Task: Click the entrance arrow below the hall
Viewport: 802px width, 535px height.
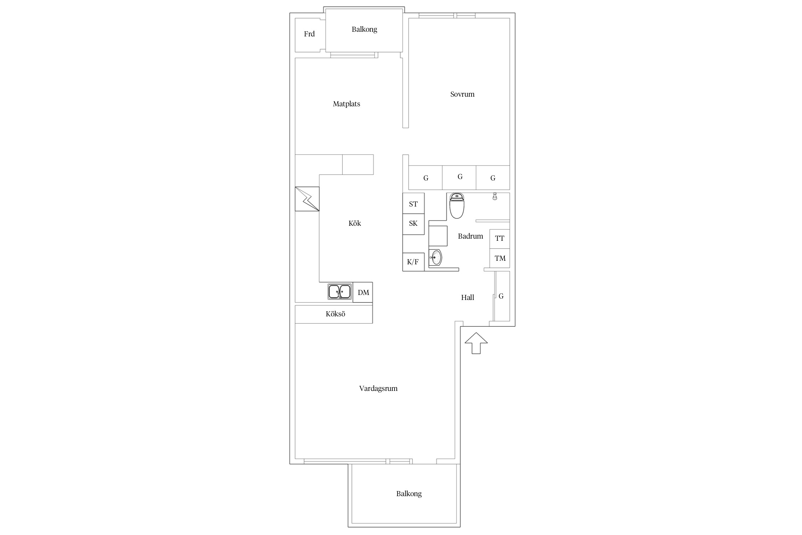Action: coord(476,343)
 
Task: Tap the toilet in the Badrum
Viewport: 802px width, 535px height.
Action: coord(457,206)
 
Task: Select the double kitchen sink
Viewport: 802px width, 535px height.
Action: coord(339,291)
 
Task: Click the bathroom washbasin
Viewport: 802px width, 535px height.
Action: coord(436,257)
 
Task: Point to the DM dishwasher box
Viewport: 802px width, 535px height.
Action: coord(363,292)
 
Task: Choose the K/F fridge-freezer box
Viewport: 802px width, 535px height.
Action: coord(413,262)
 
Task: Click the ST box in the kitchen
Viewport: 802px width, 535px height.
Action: coord(413,204)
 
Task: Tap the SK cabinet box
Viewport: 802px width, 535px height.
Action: coord(413,224)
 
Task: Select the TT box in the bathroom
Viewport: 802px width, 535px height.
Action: coord(500,239)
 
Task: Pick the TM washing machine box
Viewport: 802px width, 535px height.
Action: coord(500,258)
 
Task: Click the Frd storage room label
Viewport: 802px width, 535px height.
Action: coord(309,34)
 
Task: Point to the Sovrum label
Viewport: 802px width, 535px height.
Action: coord(462,94)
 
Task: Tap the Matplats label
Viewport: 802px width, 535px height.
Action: coord(346,104)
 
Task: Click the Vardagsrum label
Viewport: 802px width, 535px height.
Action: coord(378,388)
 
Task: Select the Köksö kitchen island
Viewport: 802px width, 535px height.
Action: coord(334,314)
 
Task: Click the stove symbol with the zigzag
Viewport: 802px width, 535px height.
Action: coord(307,199)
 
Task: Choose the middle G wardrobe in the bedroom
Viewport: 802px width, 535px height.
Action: coord(459,177)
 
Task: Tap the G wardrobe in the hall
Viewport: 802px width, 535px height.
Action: coord(501,296)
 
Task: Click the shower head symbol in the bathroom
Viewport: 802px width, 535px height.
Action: coord(495,196)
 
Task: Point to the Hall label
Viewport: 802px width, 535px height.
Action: coord(468,297)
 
